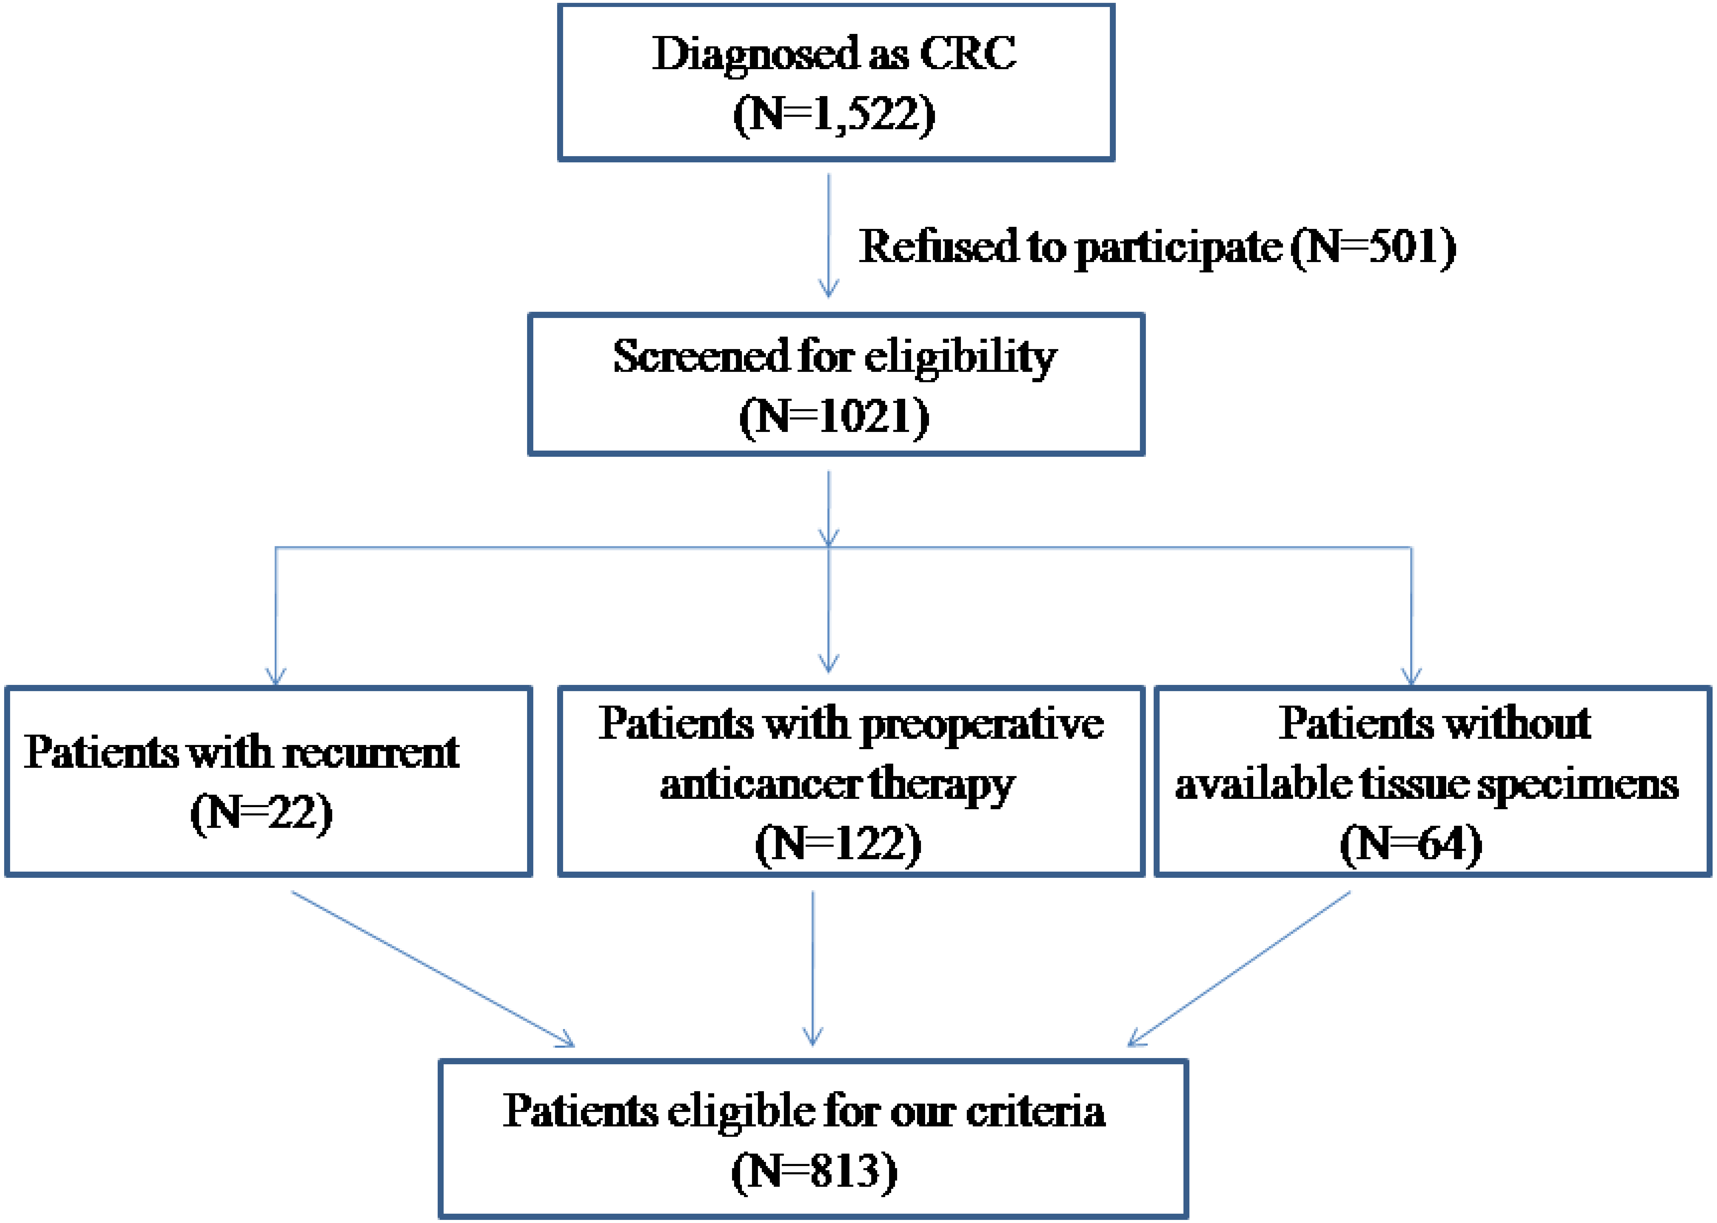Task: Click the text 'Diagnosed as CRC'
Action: point(834,54)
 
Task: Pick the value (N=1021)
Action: point(834,416)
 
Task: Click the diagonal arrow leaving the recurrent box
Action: point(433,968)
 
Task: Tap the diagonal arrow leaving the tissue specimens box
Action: point(1239,968)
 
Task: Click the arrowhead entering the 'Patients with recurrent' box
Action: point(276,676)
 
